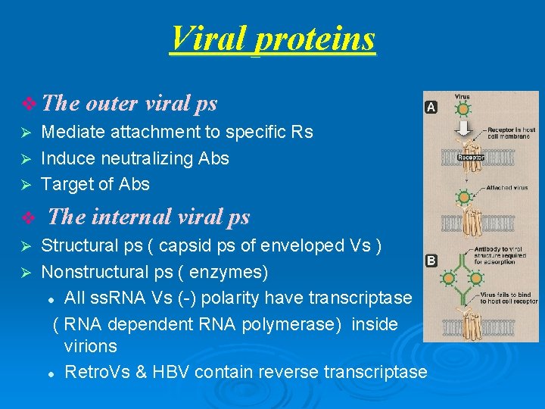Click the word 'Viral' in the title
click(210, 38)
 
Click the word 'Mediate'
click(73, 132)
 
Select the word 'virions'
click(91, 346)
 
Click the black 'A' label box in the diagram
click(431, 108)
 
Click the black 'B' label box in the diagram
click(431, 261)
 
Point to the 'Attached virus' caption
click(508, 187)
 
